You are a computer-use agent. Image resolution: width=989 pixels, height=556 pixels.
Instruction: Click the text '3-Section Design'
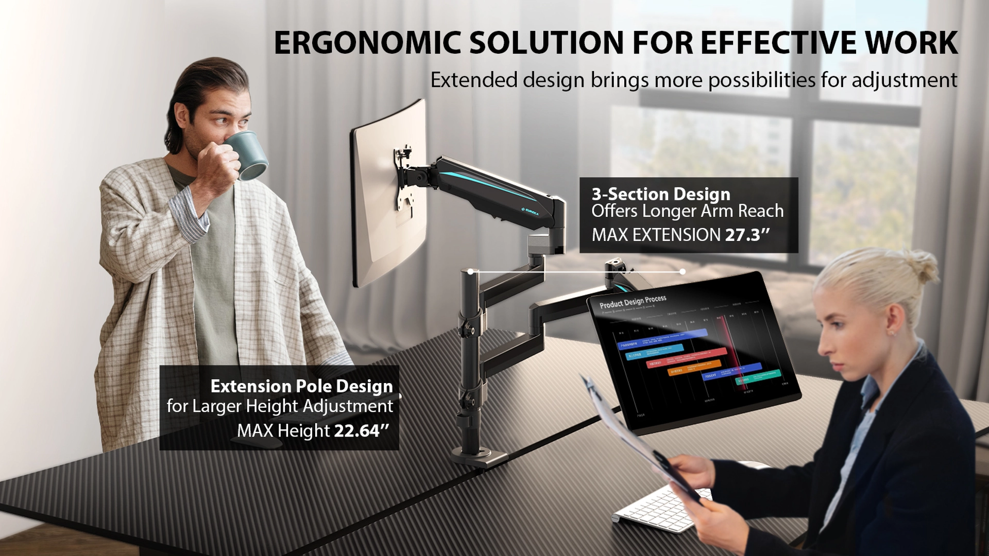point(661,194)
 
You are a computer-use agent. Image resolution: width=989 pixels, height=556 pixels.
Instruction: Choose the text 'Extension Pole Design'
point(301,386)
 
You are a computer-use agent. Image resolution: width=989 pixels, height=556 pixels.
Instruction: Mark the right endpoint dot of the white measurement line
point(683,271)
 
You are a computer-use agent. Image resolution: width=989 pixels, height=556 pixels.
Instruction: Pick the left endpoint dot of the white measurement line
point(470,271)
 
